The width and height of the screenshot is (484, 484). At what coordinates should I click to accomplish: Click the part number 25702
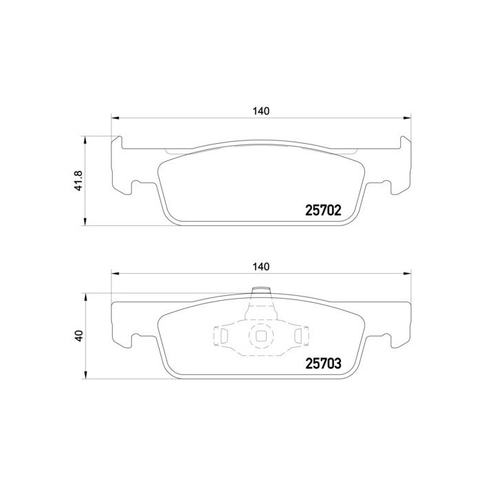coord(324,210)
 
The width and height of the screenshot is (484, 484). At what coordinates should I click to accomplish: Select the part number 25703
coord(324,363)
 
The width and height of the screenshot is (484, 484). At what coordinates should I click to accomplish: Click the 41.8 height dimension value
coord(79,181)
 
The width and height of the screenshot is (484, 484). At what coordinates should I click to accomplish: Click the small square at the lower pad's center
coord(261,337)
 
